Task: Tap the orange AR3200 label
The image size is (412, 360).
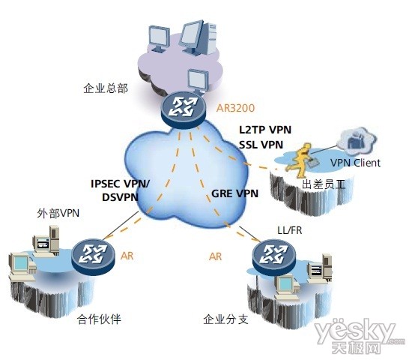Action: pos(235,108)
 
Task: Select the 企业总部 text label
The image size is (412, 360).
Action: pos(106,88)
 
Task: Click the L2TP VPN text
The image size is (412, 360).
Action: pos(265,130)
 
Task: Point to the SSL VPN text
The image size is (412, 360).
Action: pos(261,145)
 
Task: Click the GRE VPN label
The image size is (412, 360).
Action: pos(235,193)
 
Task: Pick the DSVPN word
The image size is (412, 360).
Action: pos(120,197)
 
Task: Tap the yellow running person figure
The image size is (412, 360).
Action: pos(300,160)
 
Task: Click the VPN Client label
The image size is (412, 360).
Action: pos(355,163)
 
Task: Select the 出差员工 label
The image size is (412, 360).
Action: pos(323,184)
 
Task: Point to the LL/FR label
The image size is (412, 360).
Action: pos(290,230)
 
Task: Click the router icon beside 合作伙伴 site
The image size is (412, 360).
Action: pos(93,256)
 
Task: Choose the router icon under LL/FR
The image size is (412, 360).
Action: pos(273,256)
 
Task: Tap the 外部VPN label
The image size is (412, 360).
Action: pos(58,213)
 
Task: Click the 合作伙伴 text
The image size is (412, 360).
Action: pos(99,319)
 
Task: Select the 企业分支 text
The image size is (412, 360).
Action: pos(225,319)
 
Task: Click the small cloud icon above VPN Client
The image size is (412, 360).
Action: pos(357,139)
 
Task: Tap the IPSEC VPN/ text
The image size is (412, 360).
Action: pos(121,184)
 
